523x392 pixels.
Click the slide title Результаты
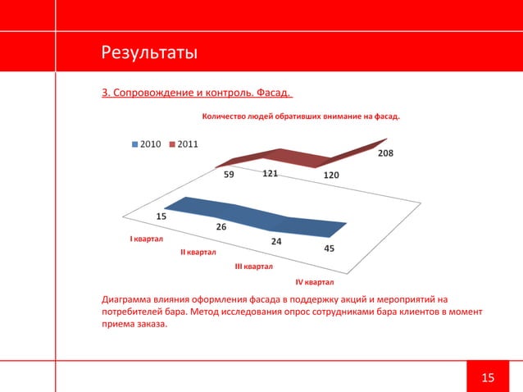pos(148,54)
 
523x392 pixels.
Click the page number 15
pos(488,377)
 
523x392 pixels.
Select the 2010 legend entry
pos(146,144)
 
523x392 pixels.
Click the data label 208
pos(384,153)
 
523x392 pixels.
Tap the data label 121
pos(270,174)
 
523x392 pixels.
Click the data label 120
pos(331,175)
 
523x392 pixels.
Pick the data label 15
pos(161,217)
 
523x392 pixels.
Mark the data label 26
pos(221,226)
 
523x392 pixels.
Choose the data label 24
pos(276,241)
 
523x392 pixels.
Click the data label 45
pos(329,249)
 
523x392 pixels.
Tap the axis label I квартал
pos(147,239)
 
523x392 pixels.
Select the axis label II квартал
pos(198,253)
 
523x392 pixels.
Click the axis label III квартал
pos(254,267)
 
